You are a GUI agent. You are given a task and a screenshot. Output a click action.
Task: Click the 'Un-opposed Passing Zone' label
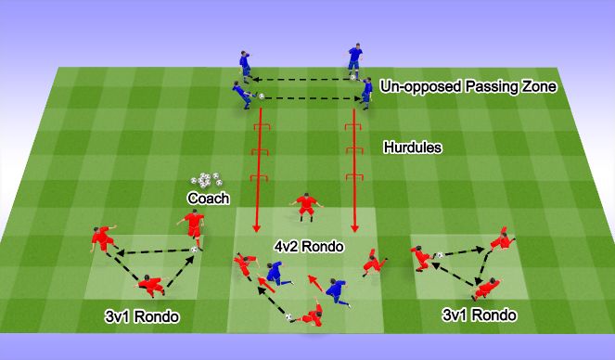point(468,87)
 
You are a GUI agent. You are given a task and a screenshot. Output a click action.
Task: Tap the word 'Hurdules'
point(412,147)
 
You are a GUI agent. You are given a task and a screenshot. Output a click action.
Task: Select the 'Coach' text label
point(208,198)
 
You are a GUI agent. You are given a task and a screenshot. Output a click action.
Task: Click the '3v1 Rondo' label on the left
point(142,317)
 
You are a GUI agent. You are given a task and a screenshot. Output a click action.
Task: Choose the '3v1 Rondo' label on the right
point(480,315)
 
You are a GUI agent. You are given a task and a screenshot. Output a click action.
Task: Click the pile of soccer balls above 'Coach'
point(205,180)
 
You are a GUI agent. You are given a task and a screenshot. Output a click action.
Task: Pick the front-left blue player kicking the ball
point(242,94)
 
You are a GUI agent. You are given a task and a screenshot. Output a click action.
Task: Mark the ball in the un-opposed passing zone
point(262,96)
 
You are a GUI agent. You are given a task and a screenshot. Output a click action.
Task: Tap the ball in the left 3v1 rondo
point(195,249)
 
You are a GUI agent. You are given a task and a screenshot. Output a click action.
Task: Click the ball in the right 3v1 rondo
point(439,255)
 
